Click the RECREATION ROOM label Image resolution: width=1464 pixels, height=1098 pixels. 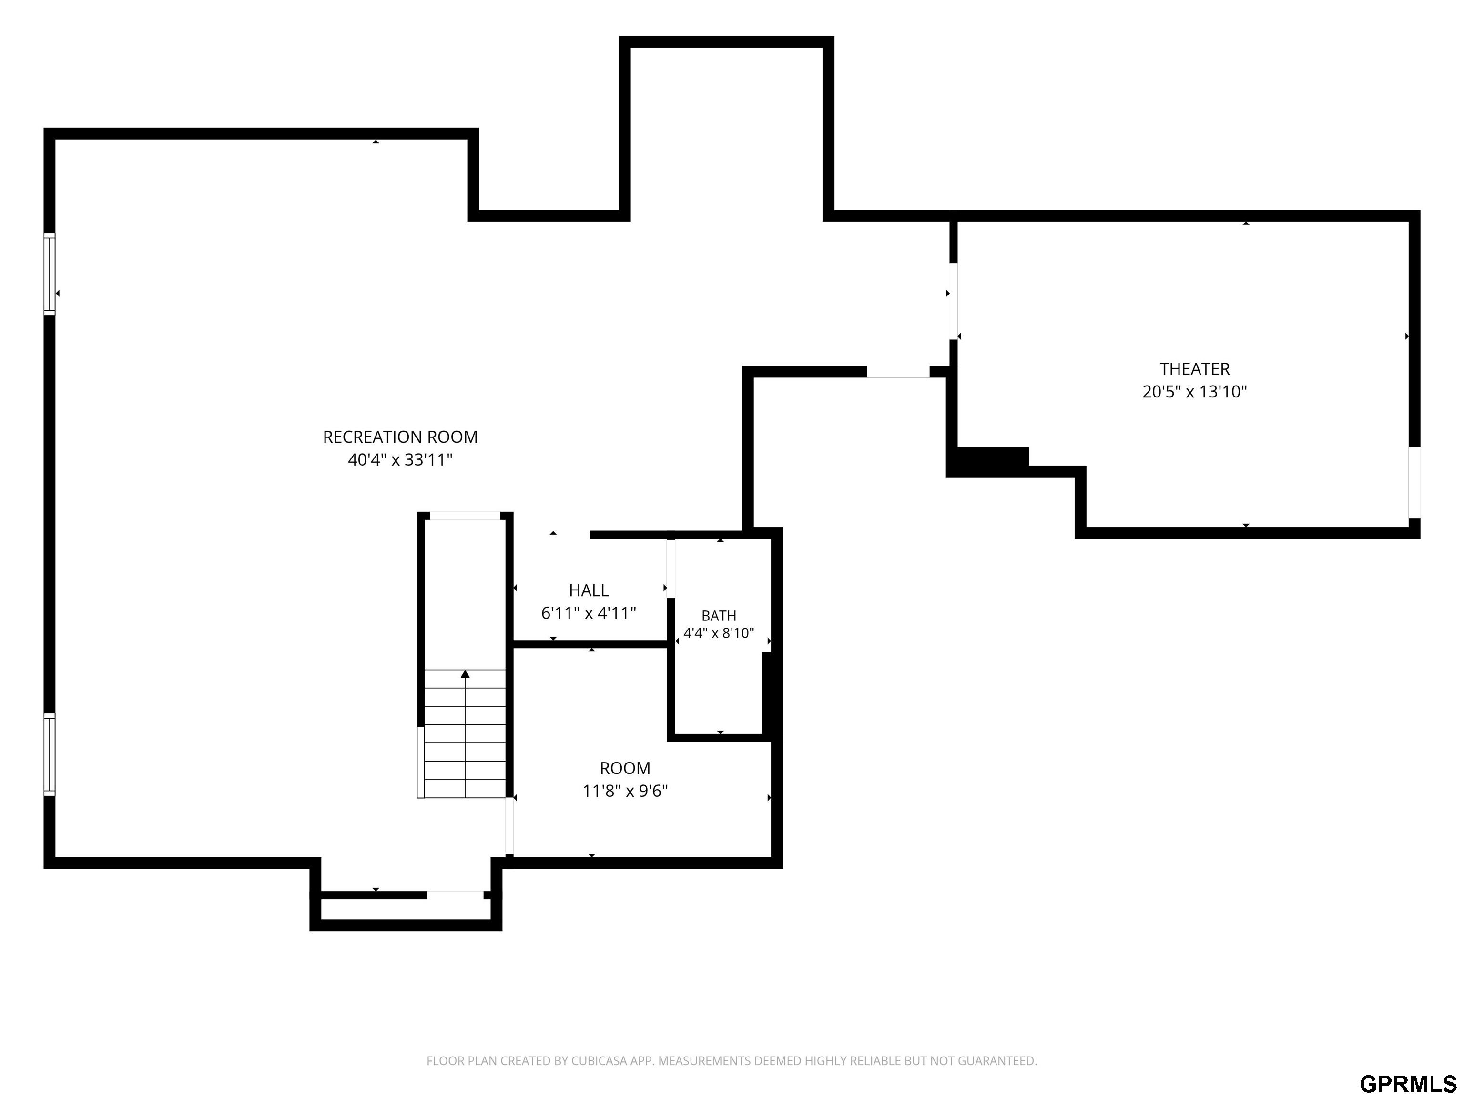tap(400, 437)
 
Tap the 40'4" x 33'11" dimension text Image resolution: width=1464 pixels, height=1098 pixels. tap(400, 459)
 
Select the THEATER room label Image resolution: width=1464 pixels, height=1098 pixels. tap(1195, 369)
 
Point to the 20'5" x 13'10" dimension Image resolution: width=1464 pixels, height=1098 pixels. tap(1195, 391)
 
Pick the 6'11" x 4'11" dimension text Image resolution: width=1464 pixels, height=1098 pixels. tap(589, 613)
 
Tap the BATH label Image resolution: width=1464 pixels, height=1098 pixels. tap(719, 616)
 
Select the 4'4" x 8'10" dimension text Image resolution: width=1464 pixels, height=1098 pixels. tap(719, 633)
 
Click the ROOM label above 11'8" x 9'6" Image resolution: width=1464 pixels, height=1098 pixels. tap(625, 768)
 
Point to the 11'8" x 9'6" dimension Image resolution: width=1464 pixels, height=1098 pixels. tap(625, 790)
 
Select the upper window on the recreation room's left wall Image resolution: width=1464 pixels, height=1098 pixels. tap(50, 274)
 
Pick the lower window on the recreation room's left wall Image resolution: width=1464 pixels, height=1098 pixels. tap(50, 754)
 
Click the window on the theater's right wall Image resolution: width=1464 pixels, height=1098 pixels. tap(1413, 482)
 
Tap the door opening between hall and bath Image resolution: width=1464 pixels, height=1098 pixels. tap(671, 569)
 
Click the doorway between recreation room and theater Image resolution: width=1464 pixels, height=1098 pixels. tap(953, 301)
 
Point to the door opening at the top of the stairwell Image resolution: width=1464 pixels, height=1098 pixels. tap(465, 516)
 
